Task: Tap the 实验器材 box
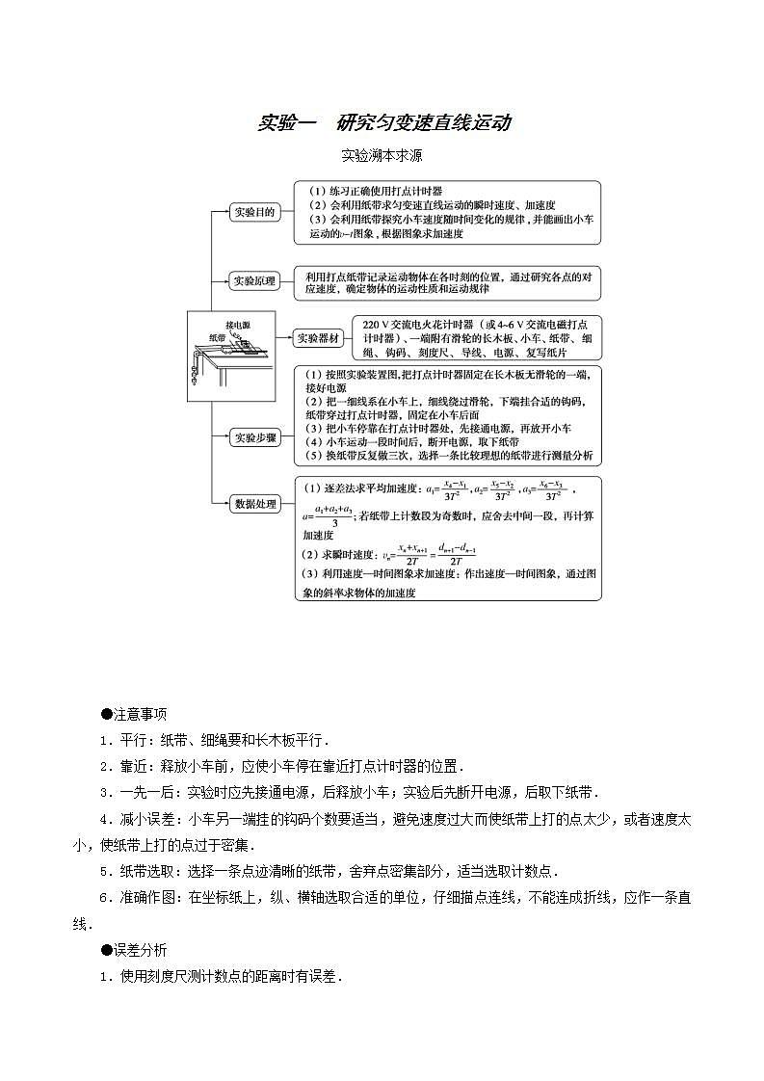pyautogui.click(x=318, y=338)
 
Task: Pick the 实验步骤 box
pyautogui.click(x=254, y=437)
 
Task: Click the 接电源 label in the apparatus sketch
pyautogui.click(x=237, y=325)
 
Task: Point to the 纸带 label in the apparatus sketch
pyautogui.click(x=218, y=338)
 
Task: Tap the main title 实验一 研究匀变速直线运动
pyautogui.click(x=383, y=123)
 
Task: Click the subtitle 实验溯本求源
pyautogui.click(x=382, y=154)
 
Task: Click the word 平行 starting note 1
pyautogui.click(x=133, y=741)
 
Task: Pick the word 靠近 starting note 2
pyautogui.click(x=133, y=767)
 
